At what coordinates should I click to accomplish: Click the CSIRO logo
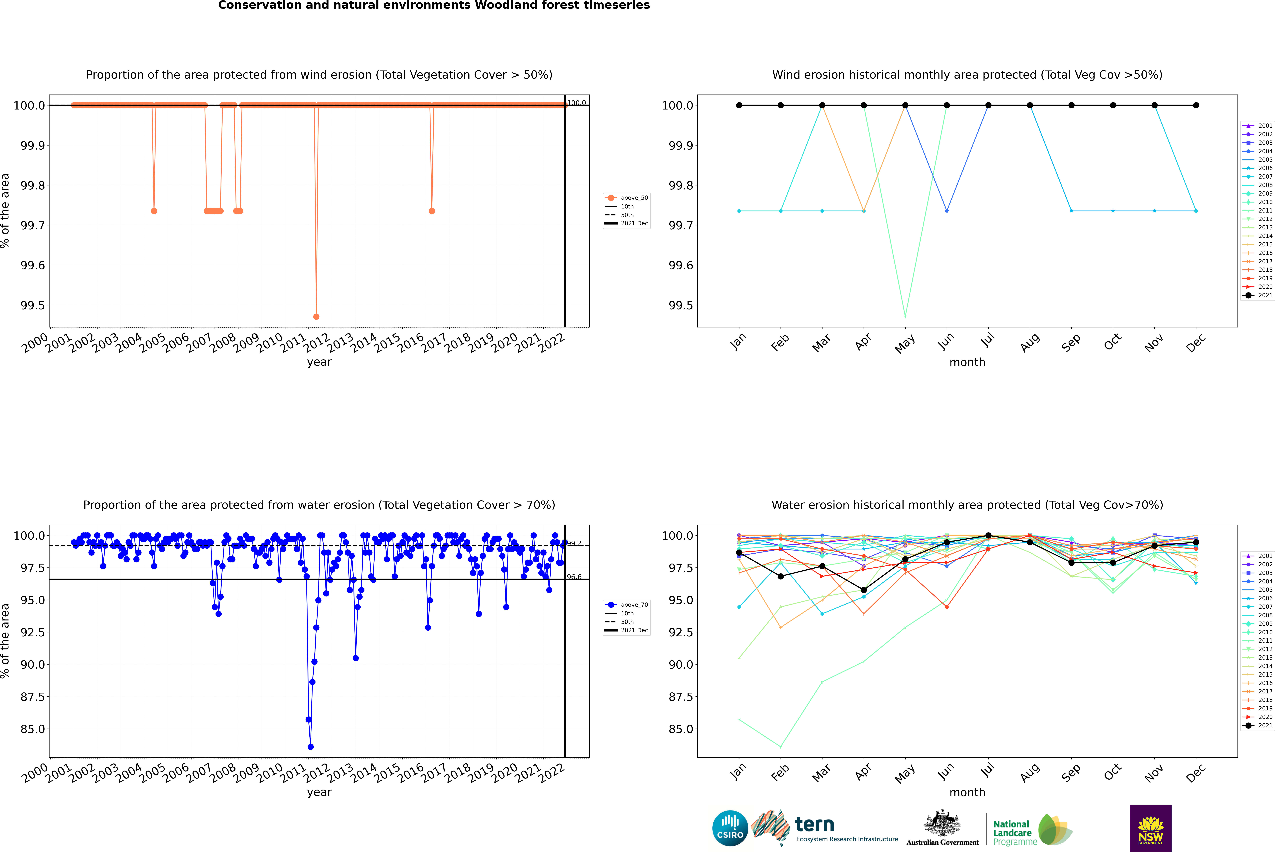pyautogui.click(x=730, y=828)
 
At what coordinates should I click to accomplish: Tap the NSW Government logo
pyautogui.click(x=1151, y=828)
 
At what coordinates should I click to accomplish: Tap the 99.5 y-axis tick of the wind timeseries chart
pyautogui.click(x=33, y=305)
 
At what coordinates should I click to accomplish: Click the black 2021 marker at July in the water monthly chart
pyautogui.click(x=988, y=536)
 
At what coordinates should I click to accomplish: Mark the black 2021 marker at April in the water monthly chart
pyautogui.click(x=864, y=590)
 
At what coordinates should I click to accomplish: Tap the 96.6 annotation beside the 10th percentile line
pyautogui.click(x=574, y=577)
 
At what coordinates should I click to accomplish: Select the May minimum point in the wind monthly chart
pyautogui.click(x=905, y=316)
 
